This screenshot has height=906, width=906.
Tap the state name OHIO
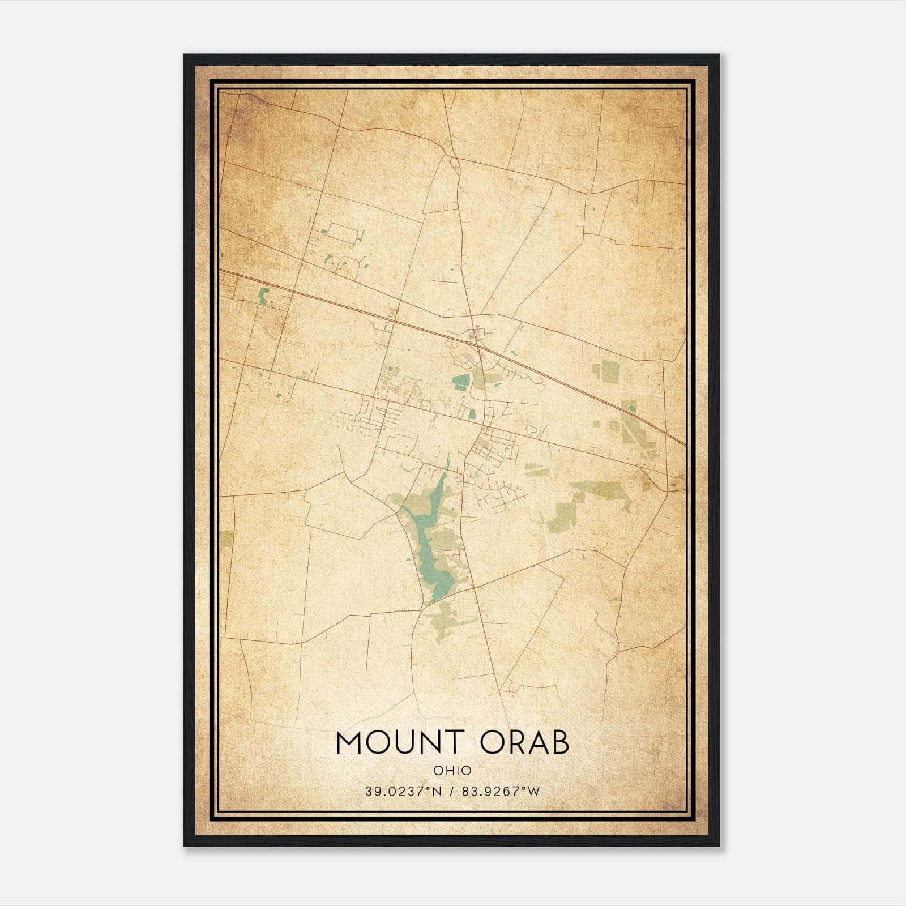452,771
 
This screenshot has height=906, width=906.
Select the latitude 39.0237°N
402,792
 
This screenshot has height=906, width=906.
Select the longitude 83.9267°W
501,792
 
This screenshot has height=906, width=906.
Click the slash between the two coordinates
452,792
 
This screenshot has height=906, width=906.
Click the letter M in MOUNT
349,743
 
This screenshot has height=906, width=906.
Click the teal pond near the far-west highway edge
263,296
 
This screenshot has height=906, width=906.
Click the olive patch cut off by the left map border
226,538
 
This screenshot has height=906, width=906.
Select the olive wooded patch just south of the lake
447,620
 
